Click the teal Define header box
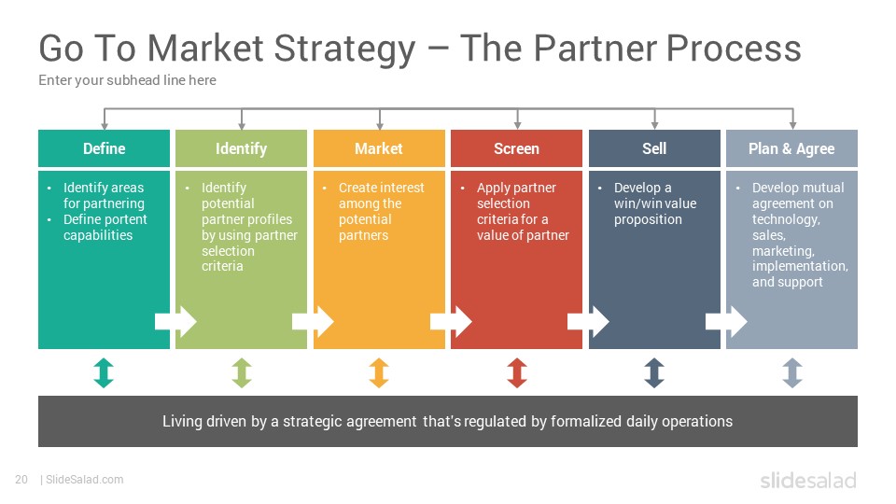[104, 148]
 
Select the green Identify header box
[241, 148]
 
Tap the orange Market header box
[379, 148]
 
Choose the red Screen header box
[516, 148]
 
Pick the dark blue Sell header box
[654, 148]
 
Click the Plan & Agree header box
[791, 148]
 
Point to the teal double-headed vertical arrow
[104, 372]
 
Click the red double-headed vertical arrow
[517, 372]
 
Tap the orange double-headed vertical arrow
[379, 372]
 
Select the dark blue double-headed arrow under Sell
[654, 372]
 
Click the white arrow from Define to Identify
[175, 322]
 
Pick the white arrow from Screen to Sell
[588, 322]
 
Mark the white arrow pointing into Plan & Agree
[726, 322]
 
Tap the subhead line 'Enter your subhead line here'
[128, 80]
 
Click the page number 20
[21, 480]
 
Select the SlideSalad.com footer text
[85, 480]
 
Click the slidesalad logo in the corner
[808, 480]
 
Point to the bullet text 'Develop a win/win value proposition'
[655, 203]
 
